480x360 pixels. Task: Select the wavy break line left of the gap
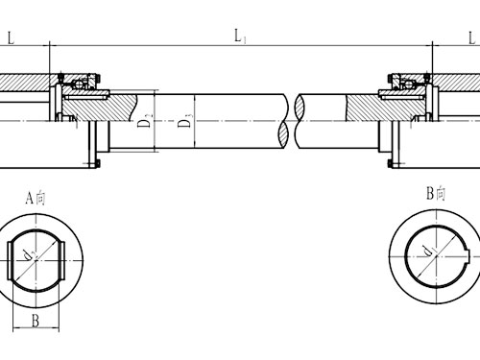pos(286,121)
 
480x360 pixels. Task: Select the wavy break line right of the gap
pos(300,121)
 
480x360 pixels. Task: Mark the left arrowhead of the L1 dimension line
pos(52,44)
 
